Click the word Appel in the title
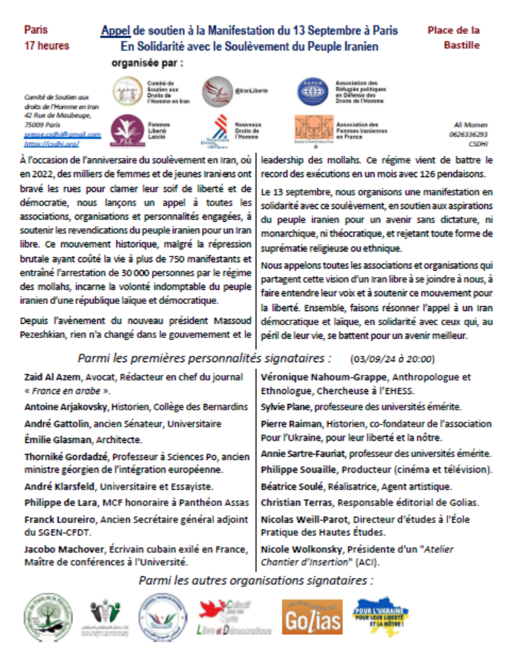click(x=115, y=32)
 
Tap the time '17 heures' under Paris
click(x=47, y=46)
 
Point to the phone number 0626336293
click(x=466, y=133)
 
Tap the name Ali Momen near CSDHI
click(x=466, y=124)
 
